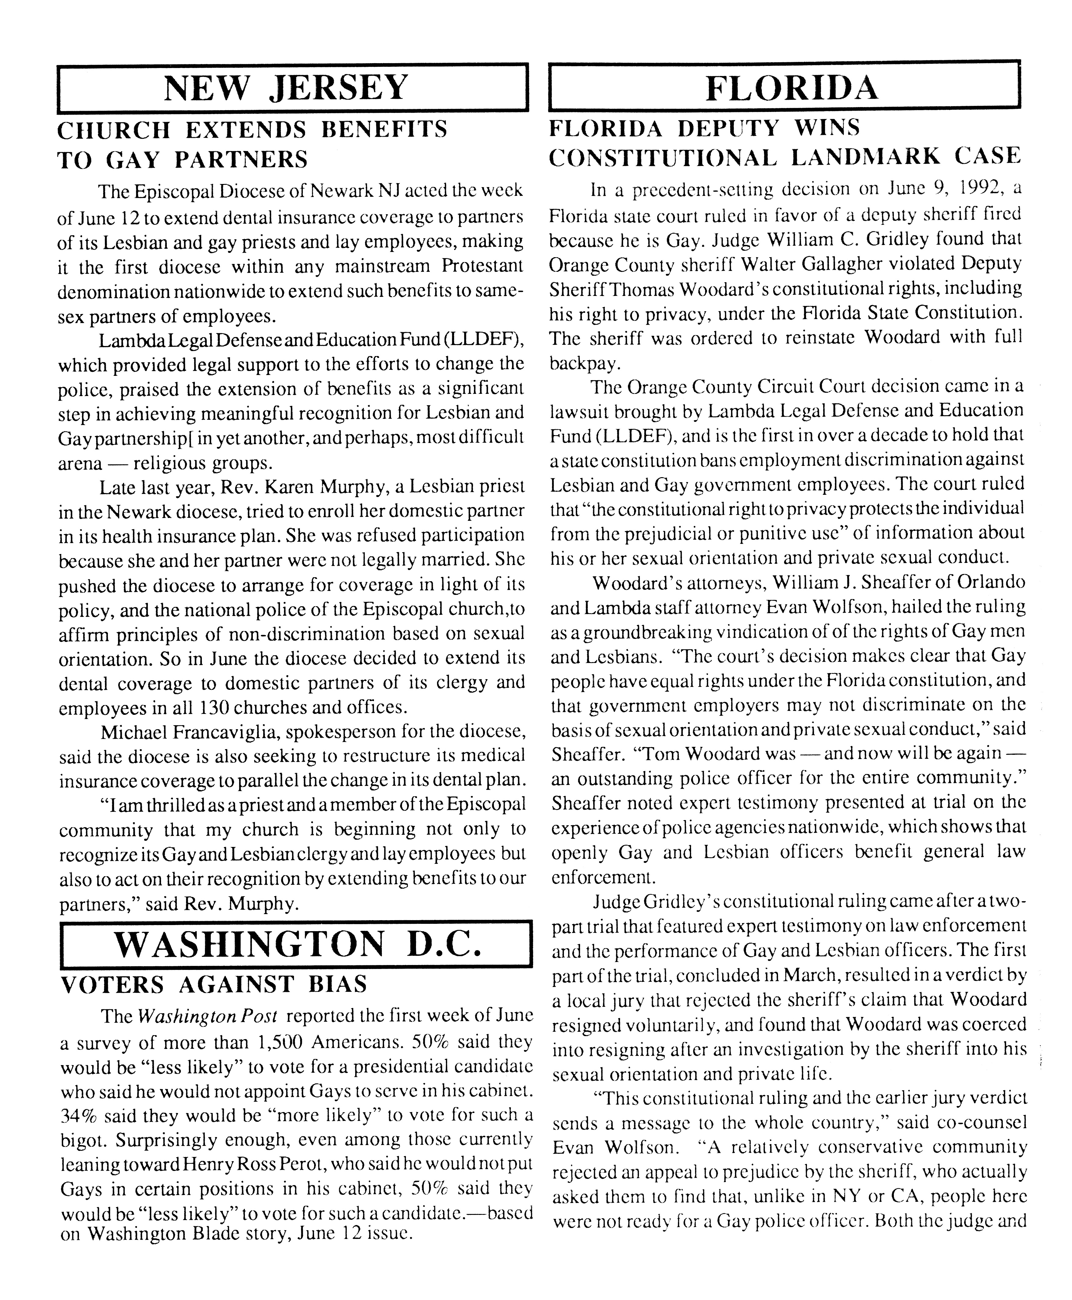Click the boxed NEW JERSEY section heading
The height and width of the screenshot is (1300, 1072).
click(x=286, y=88)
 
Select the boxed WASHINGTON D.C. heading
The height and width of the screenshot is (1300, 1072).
click(x=296, y=944)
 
